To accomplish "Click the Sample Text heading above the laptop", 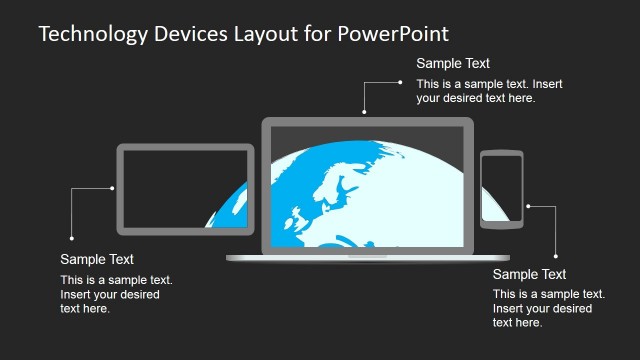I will coord(452,64).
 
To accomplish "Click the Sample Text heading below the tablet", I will coord(97,259).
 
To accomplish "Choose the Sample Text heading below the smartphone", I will coord(529,274).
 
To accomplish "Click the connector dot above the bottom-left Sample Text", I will coord(72,238).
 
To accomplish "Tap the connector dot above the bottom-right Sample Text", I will coord(555,254).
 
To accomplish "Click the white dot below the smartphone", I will coord(528,207).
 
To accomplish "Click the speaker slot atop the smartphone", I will coord(501,155).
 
